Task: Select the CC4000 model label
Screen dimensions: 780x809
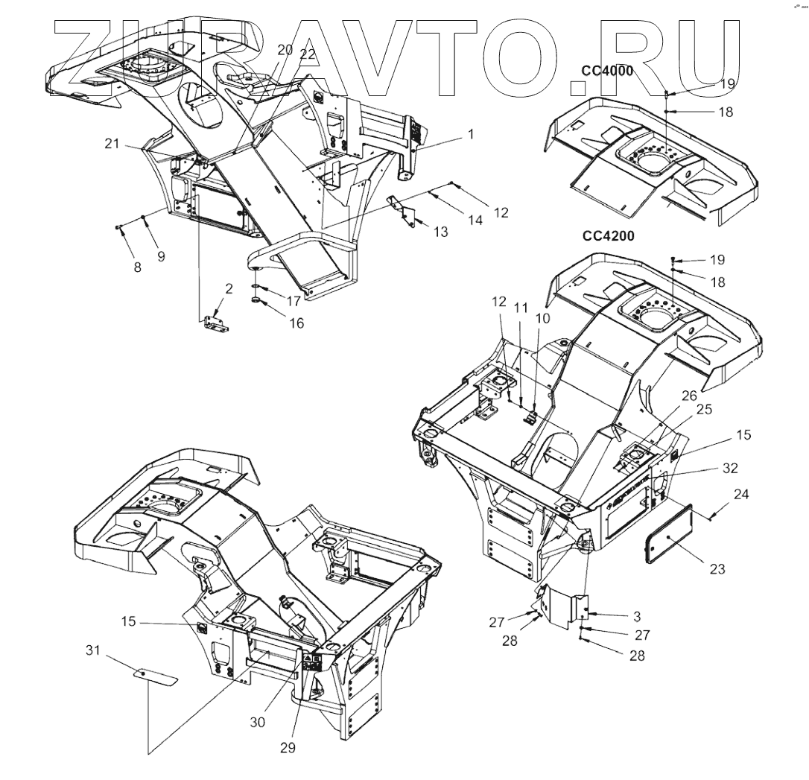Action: click(x=608, y=72)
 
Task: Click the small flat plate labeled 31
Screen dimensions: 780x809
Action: click(x=156, y=676)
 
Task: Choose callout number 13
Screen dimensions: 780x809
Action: click(x=440, y=232)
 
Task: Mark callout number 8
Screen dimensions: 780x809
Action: click(x=137, y=266)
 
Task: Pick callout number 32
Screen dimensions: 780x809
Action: click(x=729, y=469)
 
